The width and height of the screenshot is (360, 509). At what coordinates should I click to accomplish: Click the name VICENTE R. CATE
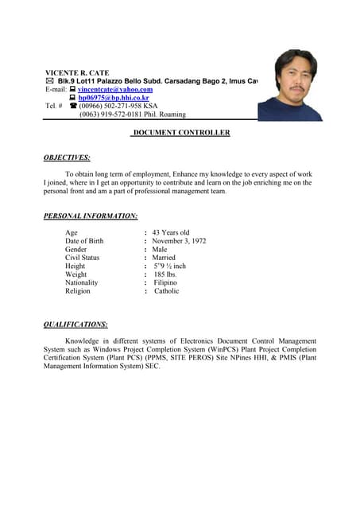click(77, 72)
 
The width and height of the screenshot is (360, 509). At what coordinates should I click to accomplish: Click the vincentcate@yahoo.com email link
click(115, 89)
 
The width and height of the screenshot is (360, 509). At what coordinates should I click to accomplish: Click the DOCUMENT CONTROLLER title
click(181, 133)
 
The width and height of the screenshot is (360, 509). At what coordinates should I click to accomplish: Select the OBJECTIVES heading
click(67, 157)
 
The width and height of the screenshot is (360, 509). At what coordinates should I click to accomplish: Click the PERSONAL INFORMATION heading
click(91, 216)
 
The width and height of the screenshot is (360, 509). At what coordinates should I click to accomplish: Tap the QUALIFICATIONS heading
click(75, 324)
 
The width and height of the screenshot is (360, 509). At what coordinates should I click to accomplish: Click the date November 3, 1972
click(179, 241)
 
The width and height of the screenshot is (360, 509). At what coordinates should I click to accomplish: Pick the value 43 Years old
click(170, 232)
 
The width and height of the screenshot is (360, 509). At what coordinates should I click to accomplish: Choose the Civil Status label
click(83, 258)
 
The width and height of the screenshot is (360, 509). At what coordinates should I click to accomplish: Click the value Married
click(164, 258)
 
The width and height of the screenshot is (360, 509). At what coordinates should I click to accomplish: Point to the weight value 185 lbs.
click(165, 274)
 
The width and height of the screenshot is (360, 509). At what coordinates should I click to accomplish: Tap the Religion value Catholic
click(166, 291)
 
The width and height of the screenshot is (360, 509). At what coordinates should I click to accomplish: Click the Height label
click(75, 266)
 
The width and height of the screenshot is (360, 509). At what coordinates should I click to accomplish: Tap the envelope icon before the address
click(50, 81)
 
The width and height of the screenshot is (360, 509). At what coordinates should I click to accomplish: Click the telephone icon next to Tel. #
click(73, 106)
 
